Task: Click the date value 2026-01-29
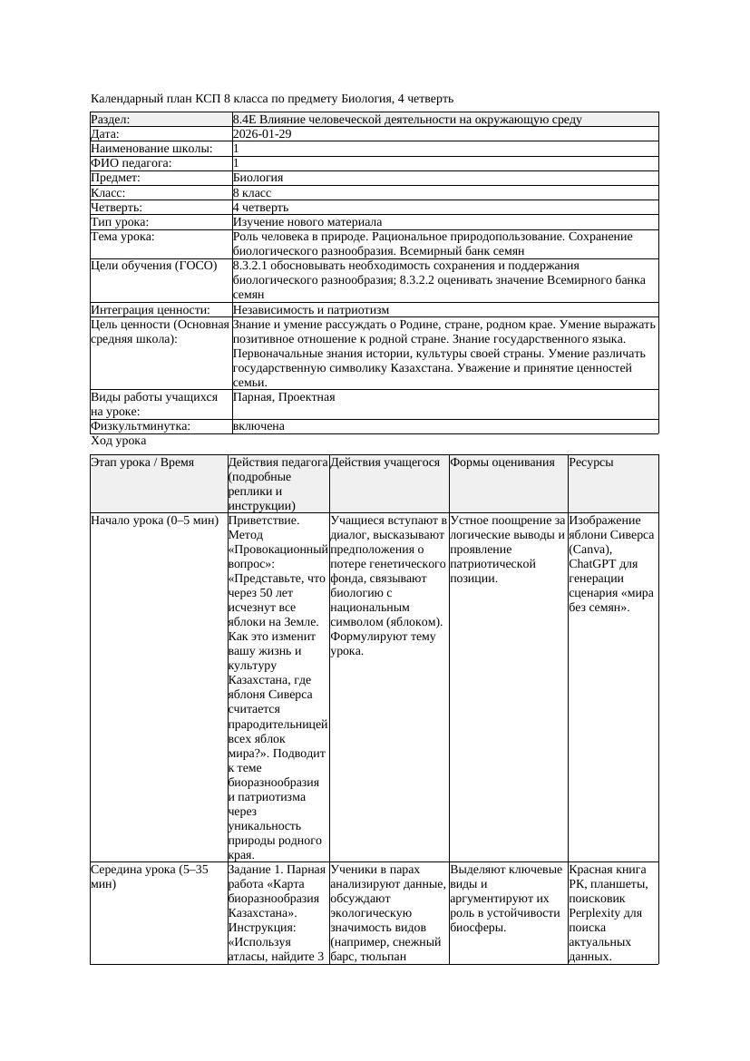tap(262, 134)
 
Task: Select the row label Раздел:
tap(111, 120)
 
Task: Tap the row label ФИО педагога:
tap(131, 163)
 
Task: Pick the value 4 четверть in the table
tap(261, 208)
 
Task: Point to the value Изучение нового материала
tap(307, 222)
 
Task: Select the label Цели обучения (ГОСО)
tap(154, 266)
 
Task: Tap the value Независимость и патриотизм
tap(311, 310)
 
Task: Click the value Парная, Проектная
tap(284, 397)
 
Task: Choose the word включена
tap(258, 426)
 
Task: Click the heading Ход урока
tap(119, 441)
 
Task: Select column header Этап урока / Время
tap(142, 462)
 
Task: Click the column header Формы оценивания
tap(502, 462)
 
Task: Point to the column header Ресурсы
tap(591, 462)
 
